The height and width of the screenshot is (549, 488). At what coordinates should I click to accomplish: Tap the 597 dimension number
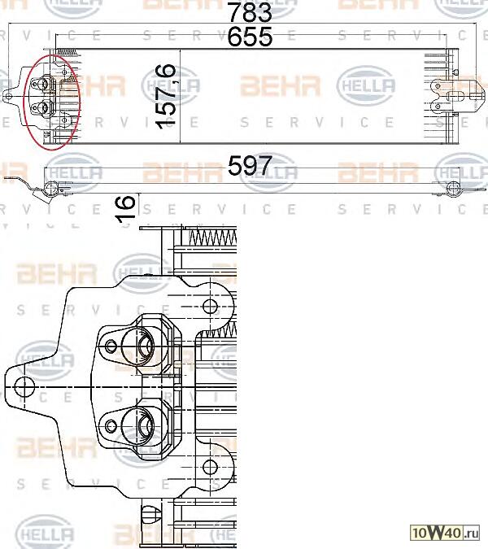point(249,167)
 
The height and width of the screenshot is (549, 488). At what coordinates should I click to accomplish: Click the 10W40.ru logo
point(448,533)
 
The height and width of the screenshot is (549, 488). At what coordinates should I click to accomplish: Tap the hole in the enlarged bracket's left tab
point(24,386)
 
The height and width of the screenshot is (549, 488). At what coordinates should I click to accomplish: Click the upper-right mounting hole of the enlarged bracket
point(209,307)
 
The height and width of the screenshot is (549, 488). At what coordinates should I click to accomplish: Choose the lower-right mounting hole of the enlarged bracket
point(209,466)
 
